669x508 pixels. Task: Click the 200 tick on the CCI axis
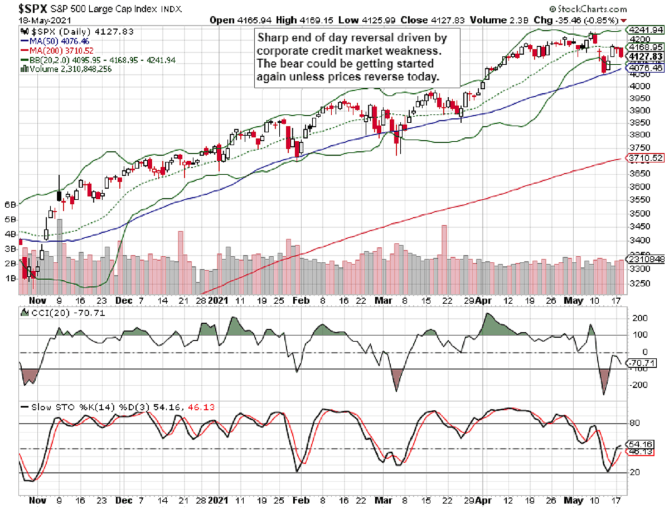click(x=639, y=318)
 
